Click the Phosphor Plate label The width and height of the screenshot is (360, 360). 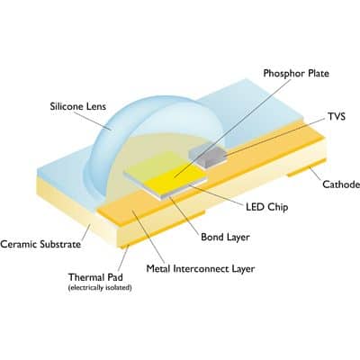click(296, 74)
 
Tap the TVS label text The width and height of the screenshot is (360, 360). click(337, 116)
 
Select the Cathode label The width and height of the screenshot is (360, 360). click(341, 184)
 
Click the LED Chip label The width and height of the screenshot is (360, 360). click(267, 207)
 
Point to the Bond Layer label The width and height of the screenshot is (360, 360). click(225, 238)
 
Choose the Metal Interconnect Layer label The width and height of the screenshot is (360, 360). click(201, 268)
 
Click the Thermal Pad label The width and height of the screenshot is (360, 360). click(95, 277)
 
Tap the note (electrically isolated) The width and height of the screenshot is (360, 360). click(100, 288)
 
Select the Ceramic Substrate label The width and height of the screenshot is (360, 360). click(40, 244)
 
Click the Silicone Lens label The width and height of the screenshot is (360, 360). click(78, 106)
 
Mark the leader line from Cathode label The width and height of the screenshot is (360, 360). click(317, 174)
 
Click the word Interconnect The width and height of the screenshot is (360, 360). click(202, 268)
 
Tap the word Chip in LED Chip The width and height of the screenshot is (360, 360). click(277, 207)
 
